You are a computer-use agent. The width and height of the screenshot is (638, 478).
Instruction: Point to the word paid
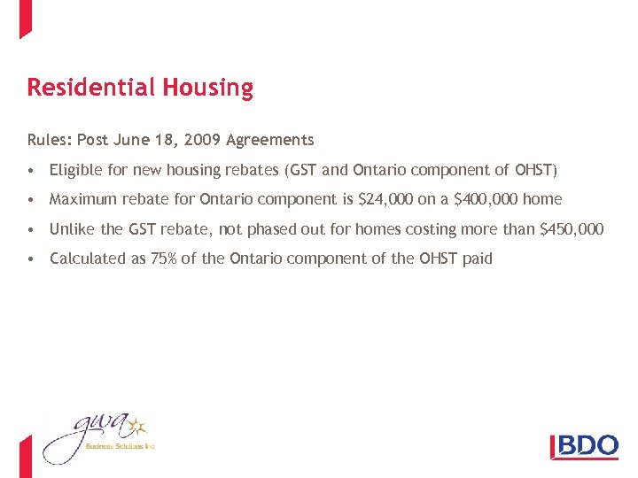coord(477,258)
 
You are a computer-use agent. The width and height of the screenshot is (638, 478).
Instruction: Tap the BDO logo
coord(585,445)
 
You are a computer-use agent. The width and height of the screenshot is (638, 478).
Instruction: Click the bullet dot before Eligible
coord(31,170)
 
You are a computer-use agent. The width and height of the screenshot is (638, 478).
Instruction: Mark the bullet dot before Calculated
coord(31,259)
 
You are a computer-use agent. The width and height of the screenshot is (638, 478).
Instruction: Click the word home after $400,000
coord(542,199)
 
